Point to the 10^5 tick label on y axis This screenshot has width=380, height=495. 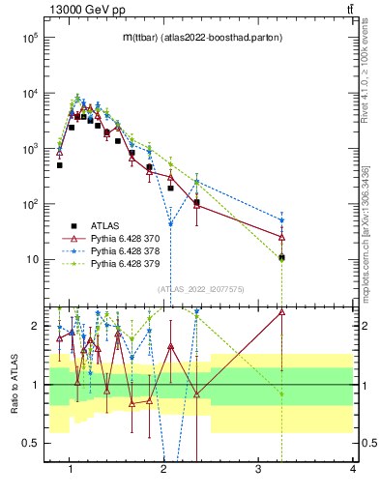[x=29, y=38]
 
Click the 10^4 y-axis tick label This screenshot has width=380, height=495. [x=29, y=94]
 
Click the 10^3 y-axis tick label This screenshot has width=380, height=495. [x=29, y=149]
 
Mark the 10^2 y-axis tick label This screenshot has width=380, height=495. [x=29, y=204]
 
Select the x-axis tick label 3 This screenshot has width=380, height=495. [x=257, y=470]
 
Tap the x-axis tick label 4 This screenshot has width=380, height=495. [x=352, y=470]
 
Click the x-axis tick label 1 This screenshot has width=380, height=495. [x=71, y=470]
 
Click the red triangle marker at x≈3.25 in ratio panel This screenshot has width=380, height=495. [x=281, y=311]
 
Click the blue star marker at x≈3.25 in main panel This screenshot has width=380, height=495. [x=281, y=220]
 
